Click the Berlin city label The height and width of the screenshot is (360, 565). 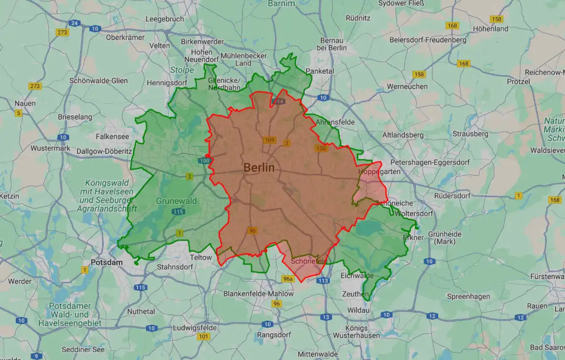click(259, 167)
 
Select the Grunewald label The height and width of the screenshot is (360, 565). click(176, 201)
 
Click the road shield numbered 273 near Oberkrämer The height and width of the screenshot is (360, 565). click(62, 32)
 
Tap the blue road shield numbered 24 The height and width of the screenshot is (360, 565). click(74, 23)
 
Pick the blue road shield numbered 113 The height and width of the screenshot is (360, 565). click(323, 281)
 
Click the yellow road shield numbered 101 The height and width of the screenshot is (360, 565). click(203, 337)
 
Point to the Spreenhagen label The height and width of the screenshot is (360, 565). click(468, 297)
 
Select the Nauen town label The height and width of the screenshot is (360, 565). click(25, 104)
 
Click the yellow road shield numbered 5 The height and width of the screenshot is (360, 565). click(19, 113)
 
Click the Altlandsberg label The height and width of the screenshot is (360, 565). click(403, 135)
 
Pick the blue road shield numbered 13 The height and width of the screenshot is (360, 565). click(326, 317)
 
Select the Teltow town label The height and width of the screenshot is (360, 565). click(201, 257)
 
